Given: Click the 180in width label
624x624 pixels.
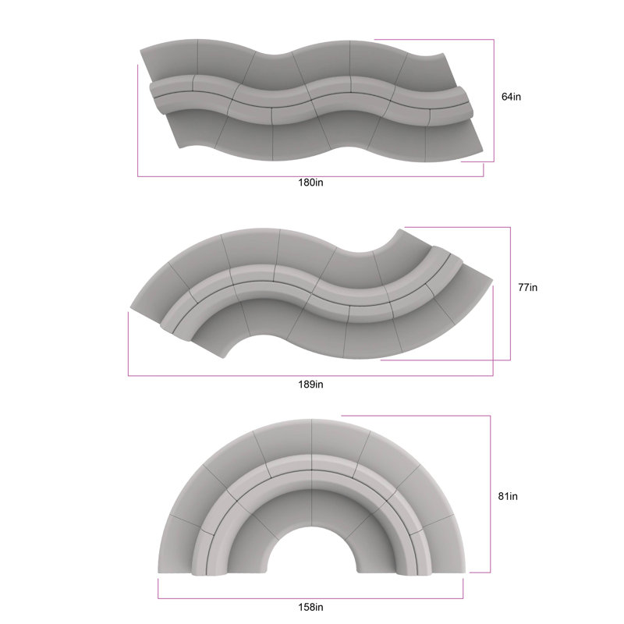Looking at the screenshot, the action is (310, 183).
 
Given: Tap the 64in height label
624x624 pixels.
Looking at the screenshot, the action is (511, 97).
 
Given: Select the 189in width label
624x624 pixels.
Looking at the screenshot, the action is (310, 385).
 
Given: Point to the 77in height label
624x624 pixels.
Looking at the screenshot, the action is (528, 287).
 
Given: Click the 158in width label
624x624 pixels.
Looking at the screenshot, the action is (310, 608).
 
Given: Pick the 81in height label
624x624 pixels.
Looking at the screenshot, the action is (508, 496).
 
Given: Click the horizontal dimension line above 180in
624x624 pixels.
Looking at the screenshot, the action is (310, 176).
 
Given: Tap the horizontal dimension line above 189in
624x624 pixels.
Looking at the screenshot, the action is (310, 375).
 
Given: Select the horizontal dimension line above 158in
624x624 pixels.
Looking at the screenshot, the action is (310, 598).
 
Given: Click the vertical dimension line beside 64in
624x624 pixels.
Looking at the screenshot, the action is (494, 101).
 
